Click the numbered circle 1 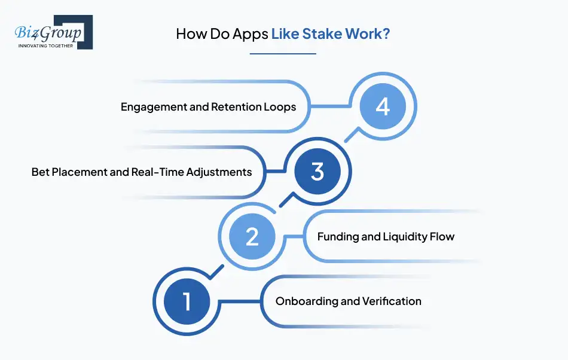[187, 301]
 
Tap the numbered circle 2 [252, 236]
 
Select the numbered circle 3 [317, 171]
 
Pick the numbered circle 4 [383, 106]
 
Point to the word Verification [392, 301]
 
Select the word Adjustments [219, 172]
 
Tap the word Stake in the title [322, 33]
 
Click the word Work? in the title [368, 33]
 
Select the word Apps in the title [251, 34]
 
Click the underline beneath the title [283, 54]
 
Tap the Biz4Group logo [54, 32]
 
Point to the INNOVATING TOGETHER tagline [45, 45]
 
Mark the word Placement [80, 172]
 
